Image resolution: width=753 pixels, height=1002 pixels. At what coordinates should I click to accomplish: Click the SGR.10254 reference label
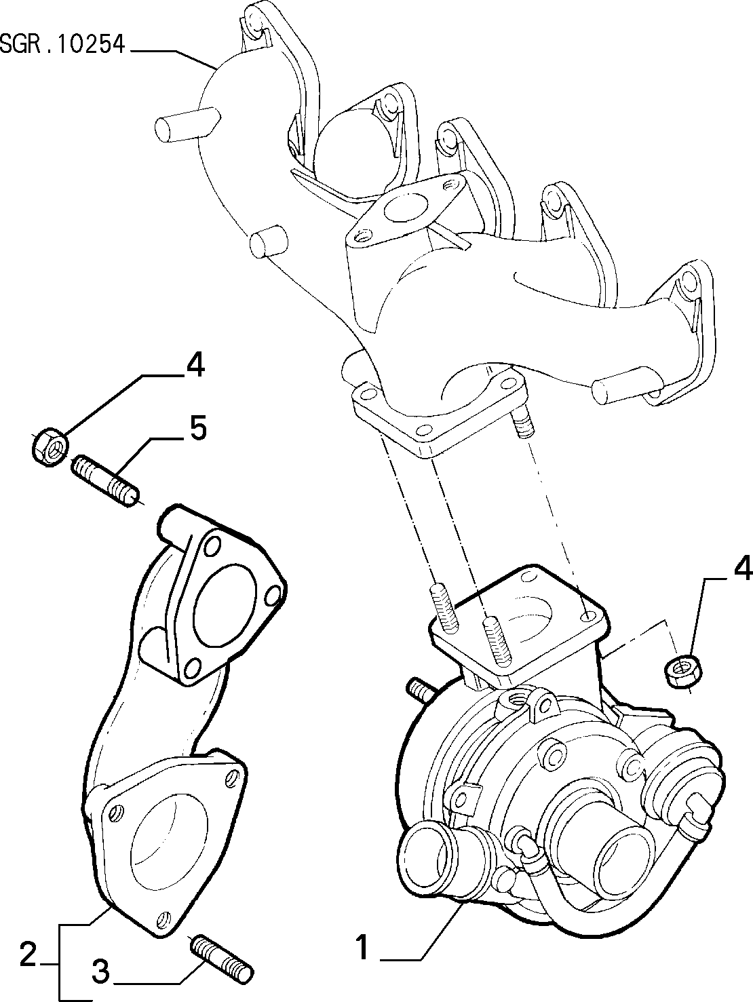click(x=62, y=45)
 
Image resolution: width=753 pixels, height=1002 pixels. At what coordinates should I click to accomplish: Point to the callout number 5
click(x=197, y=429)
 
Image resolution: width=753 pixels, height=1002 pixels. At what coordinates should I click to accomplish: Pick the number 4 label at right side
click(x=742, y=568)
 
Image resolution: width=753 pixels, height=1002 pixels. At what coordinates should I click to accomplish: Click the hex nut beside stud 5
click(x=50, y=446)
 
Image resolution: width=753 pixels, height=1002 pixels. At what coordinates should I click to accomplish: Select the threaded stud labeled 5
click(x=106, y=481)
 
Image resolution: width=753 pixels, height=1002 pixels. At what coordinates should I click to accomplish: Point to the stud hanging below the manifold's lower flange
click(x=523, y=425)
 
